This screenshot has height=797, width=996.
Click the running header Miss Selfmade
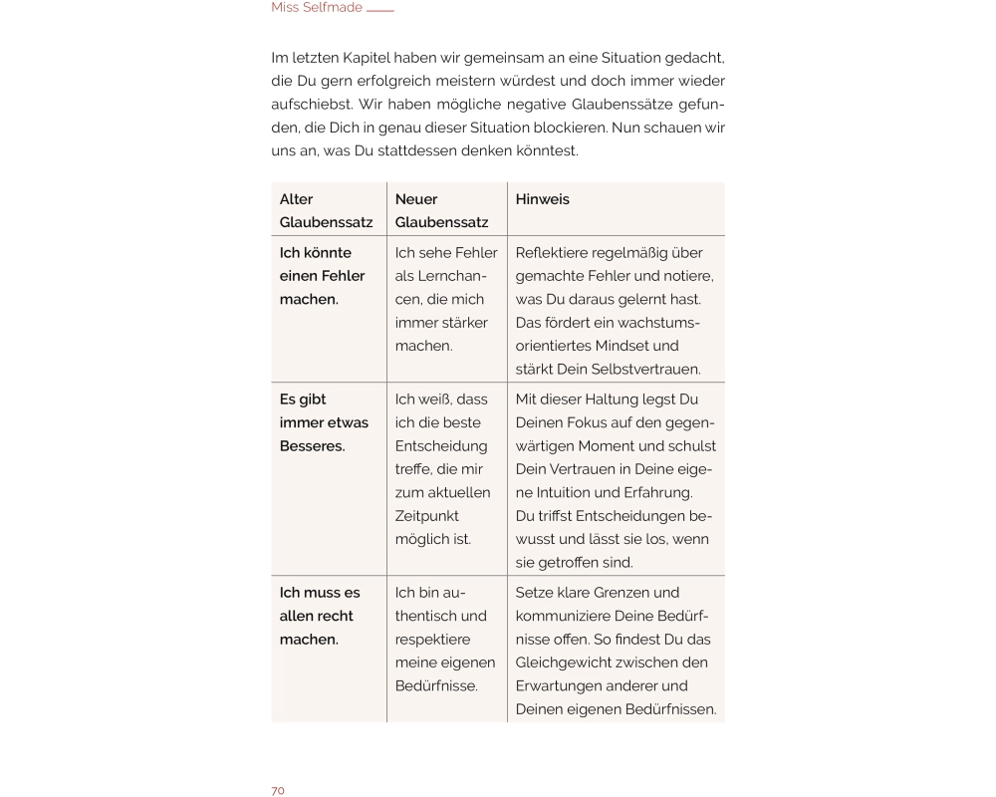point(316,8)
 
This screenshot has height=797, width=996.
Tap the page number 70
point(278,790)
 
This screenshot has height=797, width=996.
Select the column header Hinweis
point(543,199)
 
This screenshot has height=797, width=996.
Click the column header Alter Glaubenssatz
point(326,210)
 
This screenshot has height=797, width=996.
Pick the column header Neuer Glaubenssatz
point(441,210)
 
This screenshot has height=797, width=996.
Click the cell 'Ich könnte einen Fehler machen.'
point(322,276)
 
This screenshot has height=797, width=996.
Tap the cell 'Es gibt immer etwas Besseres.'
point(324,422)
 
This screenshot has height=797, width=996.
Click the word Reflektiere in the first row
point(555,253)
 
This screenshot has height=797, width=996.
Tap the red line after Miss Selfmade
point(380,11)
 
